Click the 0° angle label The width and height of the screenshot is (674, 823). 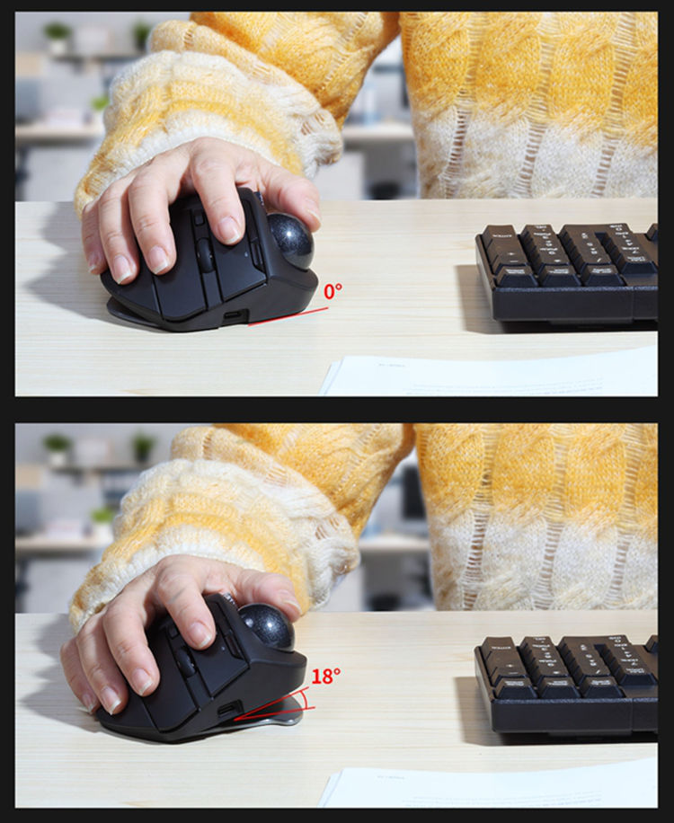tap(333, 291)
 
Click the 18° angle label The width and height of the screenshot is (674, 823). tap(325, 677)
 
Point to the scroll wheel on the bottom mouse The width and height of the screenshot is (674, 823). tap(185, 663)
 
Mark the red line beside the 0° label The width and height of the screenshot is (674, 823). tap(288, 314)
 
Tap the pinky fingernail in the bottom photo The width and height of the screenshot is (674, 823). tap(84, 698)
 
